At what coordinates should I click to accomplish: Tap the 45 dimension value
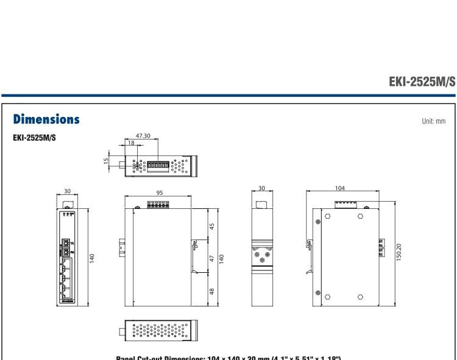point(212,226)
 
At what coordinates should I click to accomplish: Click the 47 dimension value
point(212,258)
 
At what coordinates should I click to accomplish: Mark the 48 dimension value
point(212,291)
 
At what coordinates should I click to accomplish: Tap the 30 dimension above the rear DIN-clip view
point(261,192)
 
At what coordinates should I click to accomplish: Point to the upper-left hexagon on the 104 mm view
point(328,216)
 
